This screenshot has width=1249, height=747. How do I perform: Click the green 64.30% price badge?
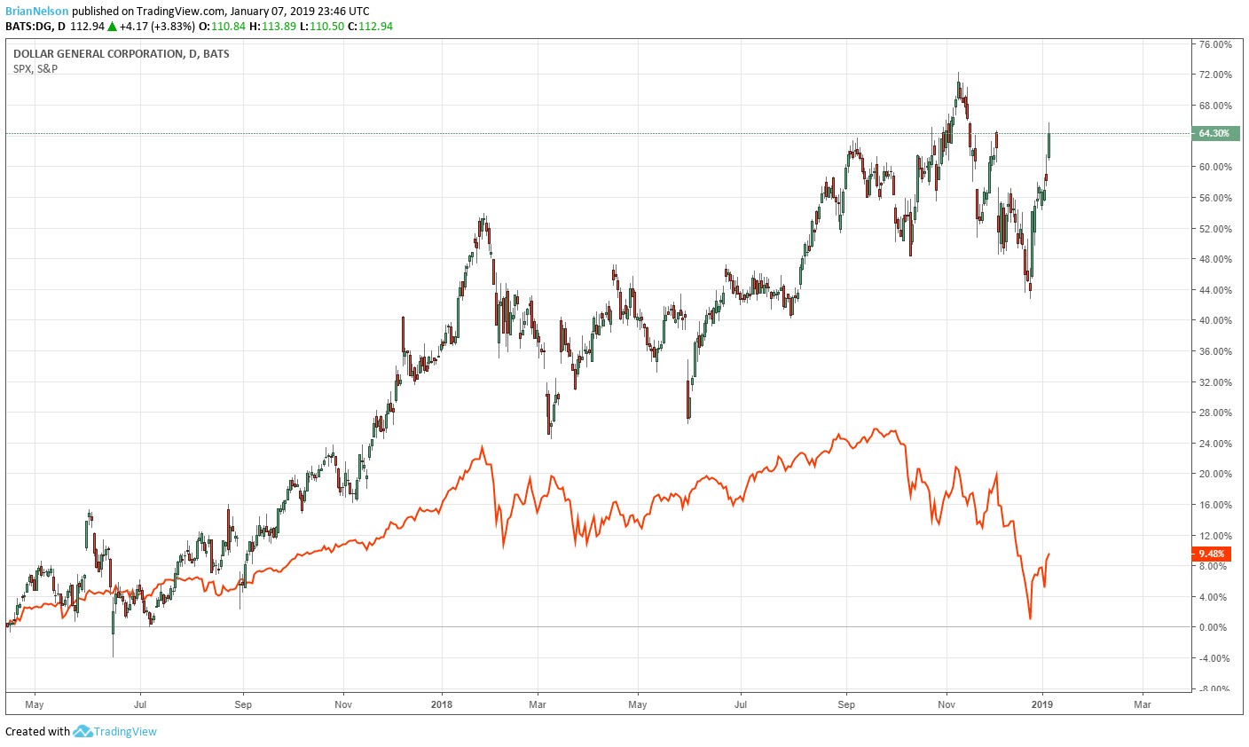tap(1214, 134)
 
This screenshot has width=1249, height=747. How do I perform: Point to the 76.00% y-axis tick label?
tap(1215, 44)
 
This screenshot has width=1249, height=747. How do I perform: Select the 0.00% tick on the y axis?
tap(1214, 627)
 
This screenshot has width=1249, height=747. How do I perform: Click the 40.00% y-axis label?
tap(1215, 320)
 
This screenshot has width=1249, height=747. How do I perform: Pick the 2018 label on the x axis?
tap(441, 704)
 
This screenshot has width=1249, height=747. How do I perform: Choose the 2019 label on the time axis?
tap(1043, 704)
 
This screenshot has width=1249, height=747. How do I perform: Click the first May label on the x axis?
tap(35, 704)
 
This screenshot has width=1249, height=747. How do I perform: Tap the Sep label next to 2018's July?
tap(846, 704)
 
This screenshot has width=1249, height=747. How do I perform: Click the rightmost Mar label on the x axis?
tap(1143, 704)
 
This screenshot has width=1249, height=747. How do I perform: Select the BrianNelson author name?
tap(36, 11)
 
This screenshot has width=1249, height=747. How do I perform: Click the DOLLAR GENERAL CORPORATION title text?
tap(98, 54)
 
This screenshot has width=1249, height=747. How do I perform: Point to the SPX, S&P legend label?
tap(35, 68)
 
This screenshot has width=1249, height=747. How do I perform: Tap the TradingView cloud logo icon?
tap(82, 731)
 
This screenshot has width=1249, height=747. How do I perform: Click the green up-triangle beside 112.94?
tap(112, 26)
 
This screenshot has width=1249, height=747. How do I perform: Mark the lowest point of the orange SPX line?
tap(1030, 618)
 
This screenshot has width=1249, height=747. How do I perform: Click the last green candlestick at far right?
tap(1049, 145)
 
